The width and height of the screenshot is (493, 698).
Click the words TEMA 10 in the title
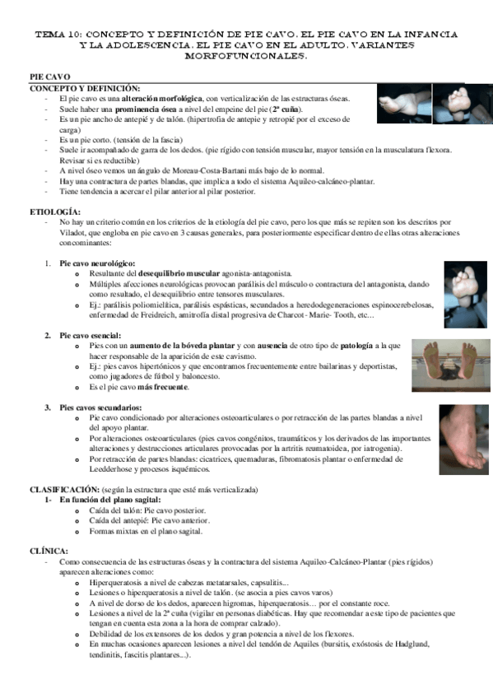click(x=55, y=35)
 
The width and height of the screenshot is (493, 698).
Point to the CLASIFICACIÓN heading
click(x=65, y=490)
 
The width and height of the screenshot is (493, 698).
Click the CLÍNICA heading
click(x=50, y=551)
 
